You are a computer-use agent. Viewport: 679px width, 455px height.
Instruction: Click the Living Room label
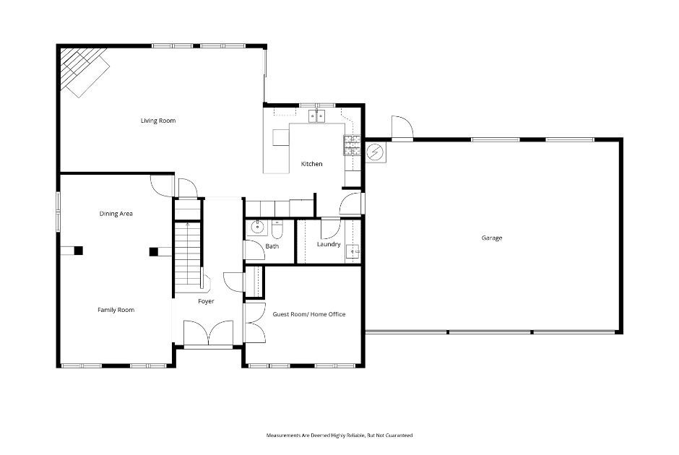click(157, 121)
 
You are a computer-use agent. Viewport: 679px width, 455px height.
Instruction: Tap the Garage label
click(491, 238)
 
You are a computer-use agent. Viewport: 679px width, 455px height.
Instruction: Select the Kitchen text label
click(311, 164)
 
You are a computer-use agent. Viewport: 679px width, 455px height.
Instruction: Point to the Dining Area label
click(116, 214)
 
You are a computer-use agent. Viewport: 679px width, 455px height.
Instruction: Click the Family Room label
click(116, 310)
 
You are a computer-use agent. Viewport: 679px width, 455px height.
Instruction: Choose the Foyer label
click(206, 301)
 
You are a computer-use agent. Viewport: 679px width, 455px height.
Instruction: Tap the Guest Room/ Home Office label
click(308, 314)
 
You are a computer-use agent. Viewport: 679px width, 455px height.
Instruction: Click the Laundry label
click(329, 244)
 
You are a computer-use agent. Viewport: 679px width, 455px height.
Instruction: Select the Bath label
click(272, 246)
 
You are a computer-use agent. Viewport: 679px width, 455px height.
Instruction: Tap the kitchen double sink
click(318, 116)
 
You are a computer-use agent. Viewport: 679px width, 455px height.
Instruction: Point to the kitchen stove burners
click(351, 145)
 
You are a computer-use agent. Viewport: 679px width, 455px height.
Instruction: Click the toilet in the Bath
click(276, 229)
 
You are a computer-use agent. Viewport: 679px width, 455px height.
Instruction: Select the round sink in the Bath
click(256, 228)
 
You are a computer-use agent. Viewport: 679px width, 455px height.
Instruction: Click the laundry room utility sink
click(352, 251)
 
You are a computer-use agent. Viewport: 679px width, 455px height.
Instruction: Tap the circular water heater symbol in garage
click(375, 152)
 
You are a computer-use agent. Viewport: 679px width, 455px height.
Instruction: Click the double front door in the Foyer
click(207, 333)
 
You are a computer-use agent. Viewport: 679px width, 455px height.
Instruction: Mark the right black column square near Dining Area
click(153, 251)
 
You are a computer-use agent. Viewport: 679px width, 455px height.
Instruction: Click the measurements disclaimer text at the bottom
click(339, 435)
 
